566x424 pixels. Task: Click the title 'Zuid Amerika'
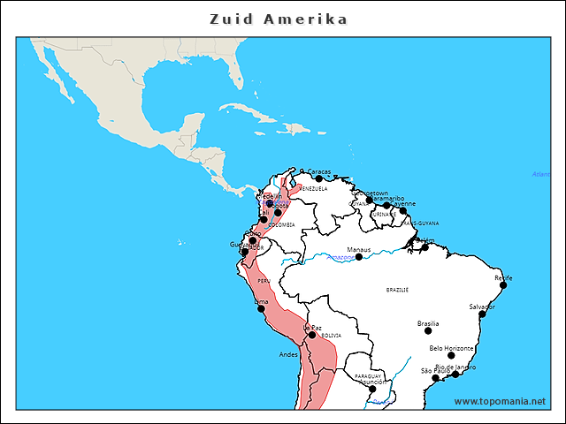click(279, 19)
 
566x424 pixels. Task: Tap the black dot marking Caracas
click(319, 178)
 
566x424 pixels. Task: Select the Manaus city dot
click(358, 257)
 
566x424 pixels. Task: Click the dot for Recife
click(502, 284)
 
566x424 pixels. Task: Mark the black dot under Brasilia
click(428, 331)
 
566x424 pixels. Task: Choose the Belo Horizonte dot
click(452, 356)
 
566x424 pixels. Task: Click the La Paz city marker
click(312, 335)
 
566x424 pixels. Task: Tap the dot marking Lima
click(261, 308)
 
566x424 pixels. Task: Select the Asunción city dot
click(372, 389)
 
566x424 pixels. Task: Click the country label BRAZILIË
click(397, 290)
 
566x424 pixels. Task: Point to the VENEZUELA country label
click(313, 189)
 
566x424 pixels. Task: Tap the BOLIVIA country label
click(331, 336)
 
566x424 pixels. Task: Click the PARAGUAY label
click(368, 375)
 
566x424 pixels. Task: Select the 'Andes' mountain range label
click(288, 354)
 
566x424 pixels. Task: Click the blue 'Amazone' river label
click(342, 256)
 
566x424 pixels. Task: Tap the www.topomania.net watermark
click(500, 401)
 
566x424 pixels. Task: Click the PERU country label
click(264, 280)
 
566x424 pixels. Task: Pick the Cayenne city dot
click(403, 210)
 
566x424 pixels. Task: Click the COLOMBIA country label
click(281, 224)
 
